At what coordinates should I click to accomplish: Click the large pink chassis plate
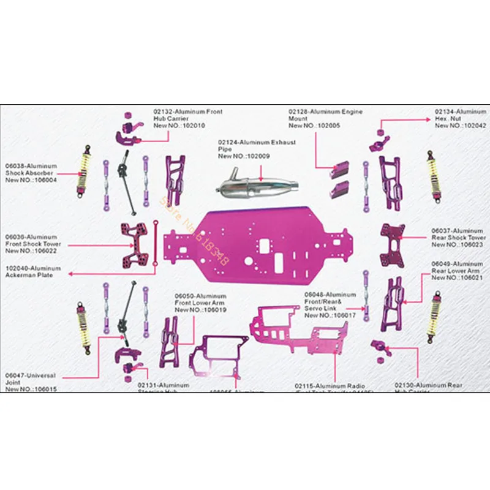[276, 245]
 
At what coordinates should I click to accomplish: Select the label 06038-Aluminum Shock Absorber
[31, 173]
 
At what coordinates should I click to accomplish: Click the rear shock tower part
[392, 246]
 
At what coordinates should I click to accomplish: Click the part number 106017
[342, 315]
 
